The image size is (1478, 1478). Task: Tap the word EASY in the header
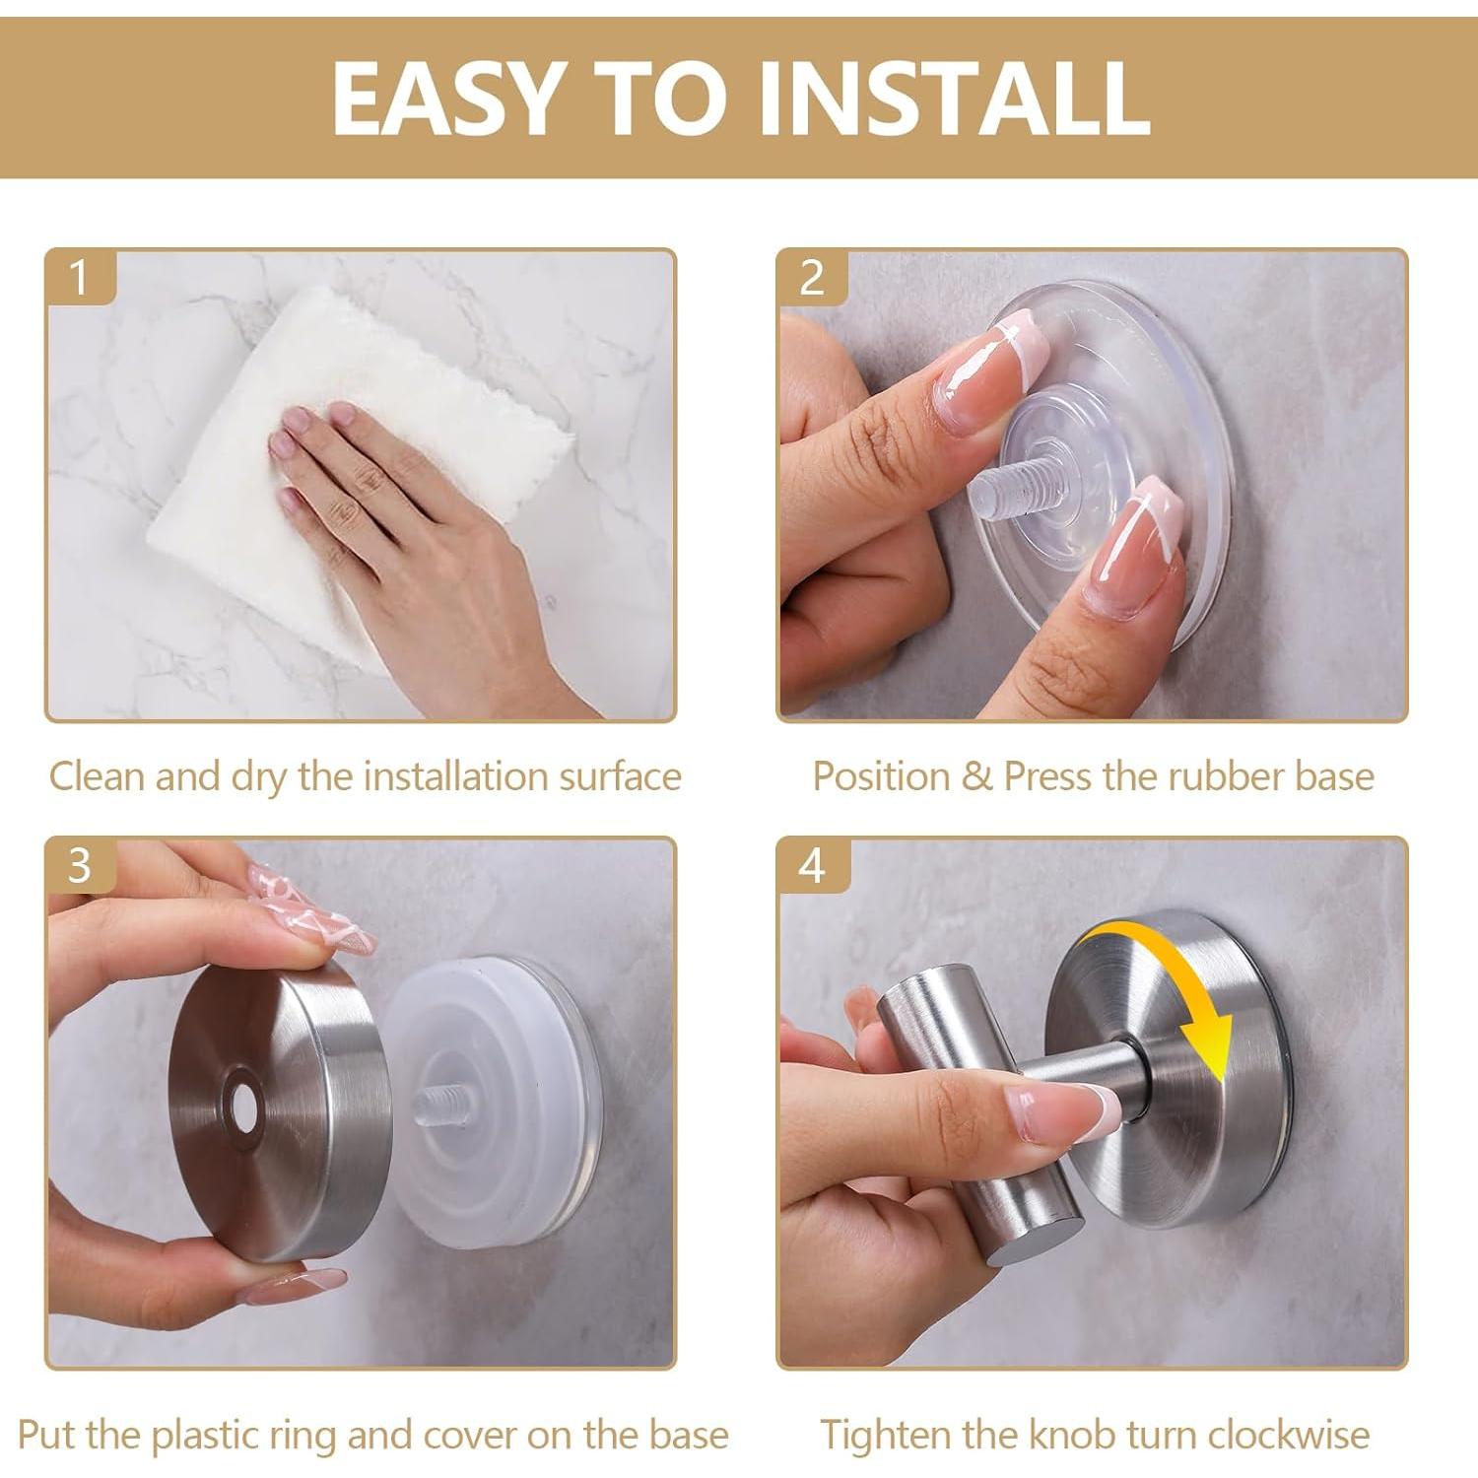(x=446, y=97)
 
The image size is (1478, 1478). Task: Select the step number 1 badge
(x=80, y=277)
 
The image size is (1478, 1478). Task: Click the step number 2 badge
(x=812, y=277)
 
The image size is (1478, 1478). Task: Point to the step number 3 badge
(x=80, y=865)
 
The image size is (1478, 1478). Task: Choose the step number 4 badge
(x=812, y=865)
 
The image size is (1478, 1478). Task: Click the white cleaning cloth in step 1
(x=355, y=473)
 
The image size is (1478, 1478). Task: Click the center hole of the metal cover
(x=241, y=1109)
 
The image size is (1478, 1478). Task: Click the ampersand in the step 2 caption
(x=976, y=777)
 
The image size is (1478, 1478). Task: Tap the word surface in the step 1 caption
(x=621, y=776)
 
